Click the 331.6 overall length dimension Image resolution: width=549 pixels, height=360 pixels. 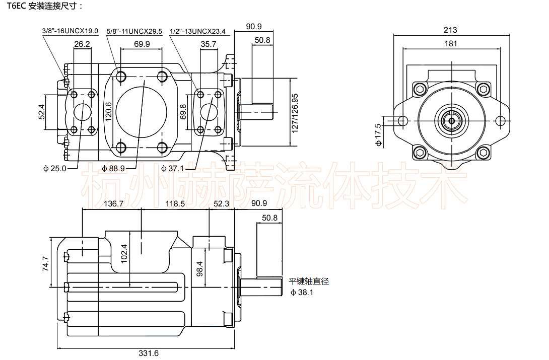[149, 353]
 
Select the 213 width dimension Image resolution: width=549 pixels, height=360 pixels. [451, 30]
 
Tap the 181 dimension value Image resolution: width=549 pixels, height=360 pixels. [451, 44]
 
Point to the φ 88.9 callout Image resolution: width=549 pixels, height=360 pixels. [113, 168]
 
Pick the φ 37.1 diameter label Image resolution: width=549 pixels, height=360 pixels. [172, 168]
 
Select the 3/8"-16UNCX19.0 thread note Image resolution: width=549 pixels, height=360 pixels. [70, 31]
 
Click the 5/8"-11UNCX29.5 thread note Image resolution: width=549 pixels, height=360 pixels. [134, 31]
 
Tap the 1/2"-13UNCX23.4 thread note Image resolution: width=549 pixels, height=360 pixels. [197, 31]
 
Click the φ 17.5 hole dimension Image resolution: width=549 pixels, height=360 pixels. [378, 134]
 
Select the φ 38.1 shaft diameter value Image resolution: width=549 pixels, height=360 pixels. [302, 292]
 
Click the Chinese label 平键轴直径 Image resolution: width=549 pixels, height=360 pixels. [309, 281]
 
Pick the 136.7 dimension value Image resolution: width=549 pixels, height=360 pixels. [113, 204]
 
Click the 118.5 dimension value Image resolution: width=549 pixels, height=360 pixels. [175, 204]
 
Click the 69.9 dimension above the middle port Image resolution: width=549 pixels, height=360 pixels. [142, 44]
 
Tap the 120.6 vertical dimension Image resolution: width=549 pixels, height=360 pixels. [108, 111]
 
